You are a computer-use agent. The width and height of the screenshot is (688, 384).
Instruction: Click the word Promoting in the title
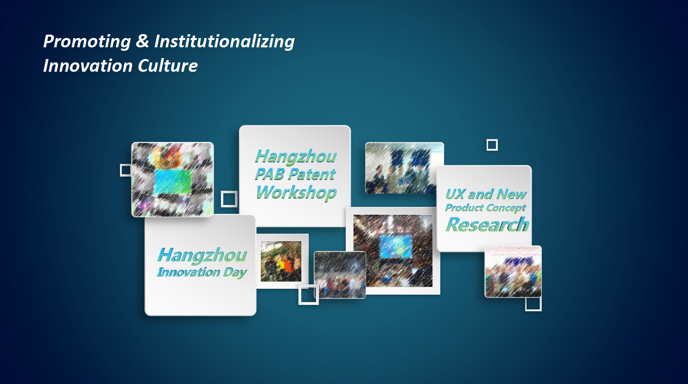pos(87,42)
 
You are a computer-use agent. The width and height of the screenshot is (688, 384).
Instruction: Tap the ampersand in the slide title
pos(142,40)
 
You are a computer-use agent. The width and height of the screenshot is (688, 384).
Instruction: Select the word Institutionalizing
pos(224,42)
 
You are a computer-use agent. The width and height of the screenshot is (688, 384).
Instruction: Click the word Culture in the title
pos(168,66)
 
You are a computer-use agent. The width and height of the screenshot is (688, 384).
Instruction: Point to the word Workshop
pos(296,192)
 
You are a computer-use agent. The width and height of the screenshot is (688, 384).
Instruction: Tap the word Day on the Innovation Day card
pos(235,273)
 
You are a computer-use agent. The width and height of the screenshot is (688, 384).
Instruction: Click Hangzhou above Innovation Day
pos(202,255)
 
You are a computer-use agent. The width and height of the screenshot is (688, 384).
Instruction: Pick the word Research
pos(488,224)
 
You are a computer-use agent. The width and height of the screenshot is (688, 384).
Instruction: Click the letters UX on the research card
pos(455,194)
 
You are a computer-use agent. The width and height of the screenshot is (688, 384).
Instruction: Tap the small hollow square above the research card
pos(492,145)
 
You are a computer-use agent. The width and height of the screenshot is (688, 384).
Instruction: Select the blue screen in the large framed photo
pos(395,246)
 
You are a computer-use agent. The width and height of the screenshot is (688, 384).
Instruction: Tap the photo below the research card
pos(513,272)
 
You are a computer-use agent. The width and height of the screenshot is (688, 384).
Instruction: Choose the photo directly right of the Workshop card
pos(405,168)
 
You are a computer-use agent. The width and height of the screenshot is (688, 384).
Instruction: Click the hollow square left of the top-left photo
pos(125,170)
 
